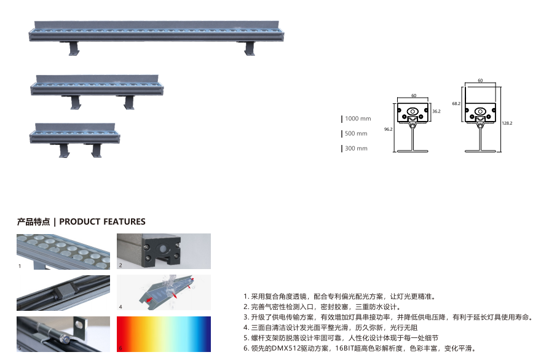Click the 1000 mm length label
358,119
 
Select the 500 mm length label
356,133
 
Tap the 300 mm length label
356,148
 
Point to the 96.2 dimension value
388,129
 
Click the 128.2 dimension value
507,123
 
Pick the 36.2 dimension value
436,111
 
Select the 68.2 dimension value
456,103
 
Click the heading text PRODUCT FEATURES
102,221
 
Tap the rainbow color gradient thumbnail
164,334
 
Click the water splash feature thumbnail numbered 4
164,292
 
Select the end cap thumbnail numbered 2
164,251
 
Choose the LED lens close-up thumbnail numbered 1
63,251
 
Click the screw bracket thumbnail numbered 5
63,334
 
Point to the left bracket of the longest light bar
74,49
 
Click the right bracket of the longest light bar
250,49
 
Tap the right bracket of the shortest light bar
97,151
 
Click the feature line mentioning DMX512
360,348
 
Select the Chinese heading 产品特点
33,221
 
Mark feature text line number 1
340,297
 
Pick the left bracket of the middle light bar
76,103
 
